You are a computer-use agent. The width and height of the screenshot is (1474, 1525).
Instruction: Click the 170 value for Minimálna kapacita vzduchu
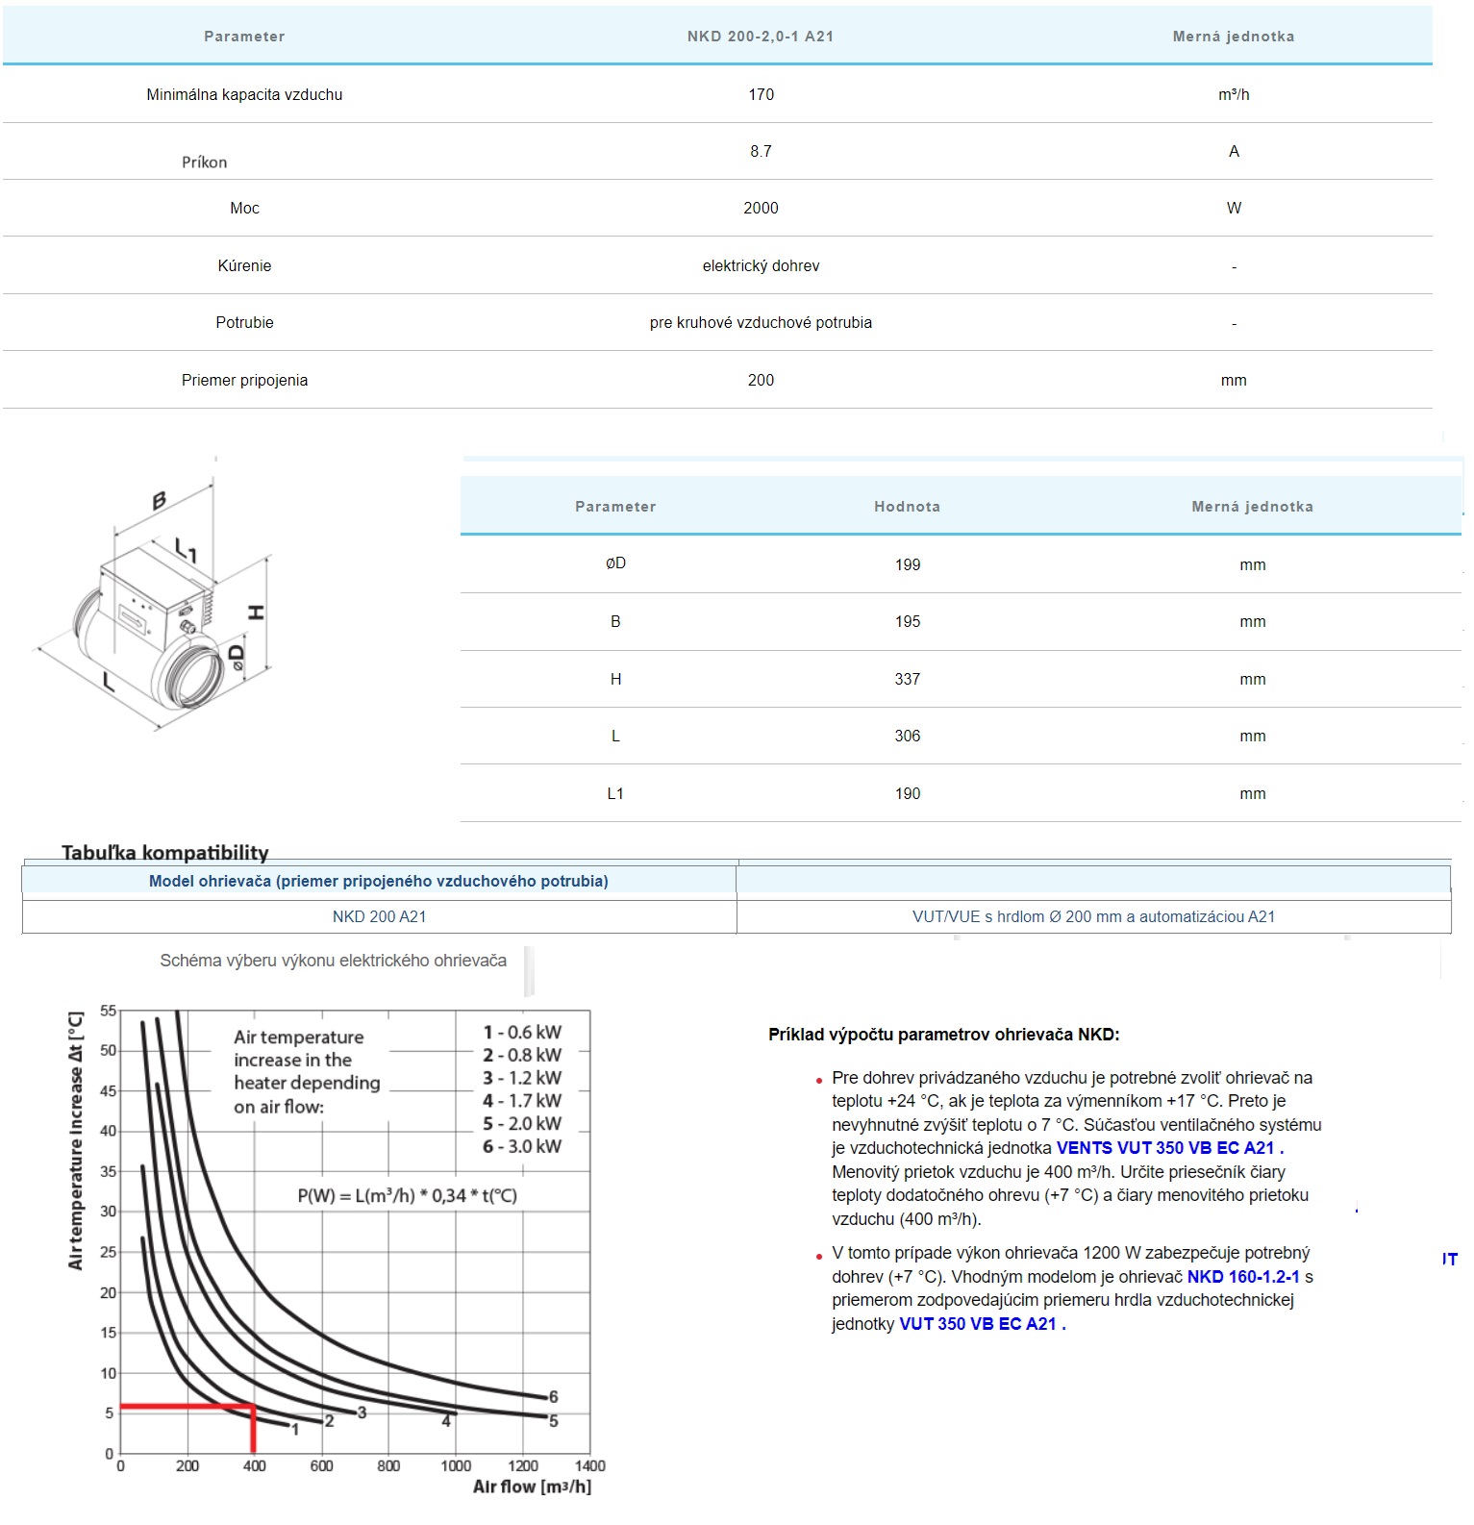(761, 94)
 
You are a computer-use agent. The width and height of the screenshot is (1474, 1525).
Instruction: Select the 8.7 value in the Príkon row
(761, 151)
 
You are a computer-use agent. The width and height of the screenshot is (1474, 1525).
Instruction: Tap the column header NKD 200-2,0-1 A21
(760, 37)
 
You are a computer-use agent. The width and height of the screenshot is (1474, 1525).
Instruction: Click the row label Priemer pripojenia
(244, 380)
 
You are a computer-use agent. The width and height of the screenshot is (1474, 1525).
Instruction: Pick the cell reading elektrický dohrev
(761, 265)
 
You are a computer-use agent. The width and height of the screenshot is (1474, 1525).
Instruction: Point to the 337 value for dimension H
(907, 679)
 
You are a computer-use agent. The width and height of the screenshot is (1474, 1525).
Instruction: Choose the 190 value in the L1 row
(907, 793)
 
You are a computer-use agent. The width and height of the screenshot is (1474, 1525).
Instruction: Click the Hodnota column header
(907, 507)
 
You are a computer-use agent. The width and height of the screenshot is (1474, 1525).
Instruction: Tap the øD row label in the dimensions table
(615, 563)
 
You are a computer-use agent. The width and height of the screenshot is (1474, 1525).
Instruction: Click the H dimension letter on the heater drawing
(257, 612)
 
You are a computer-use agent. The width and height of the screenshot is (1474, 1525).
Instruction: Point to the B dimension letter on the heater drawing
(159, 500)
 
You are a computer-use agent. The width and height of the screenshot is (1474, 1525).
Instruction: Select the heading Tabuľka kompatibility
(164, 852)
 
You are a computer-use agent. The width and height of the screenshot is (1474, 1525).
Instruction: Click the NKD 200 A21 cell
(379, 916)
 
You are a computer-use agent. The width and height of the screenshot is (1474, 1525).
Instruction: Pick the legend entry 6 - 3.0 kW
(522, 1146)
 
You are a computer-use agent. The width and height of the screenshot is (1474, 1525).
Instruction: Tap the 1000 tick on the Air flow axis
(456, 1465)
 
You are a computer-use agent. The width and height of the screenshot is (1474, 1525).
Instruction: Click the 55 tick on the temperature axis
(108, 1011)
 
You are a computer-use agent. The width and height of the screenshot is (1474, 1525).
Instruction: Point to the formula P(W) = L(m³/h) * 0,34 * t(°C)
(407, 1195)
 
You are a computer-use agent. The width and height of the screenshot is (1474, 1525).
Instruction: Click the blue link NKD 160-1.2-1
(1243, 1277)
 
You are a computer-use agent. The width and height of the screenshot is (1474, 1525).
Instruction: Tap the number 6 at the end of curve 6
(554, 1396)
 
